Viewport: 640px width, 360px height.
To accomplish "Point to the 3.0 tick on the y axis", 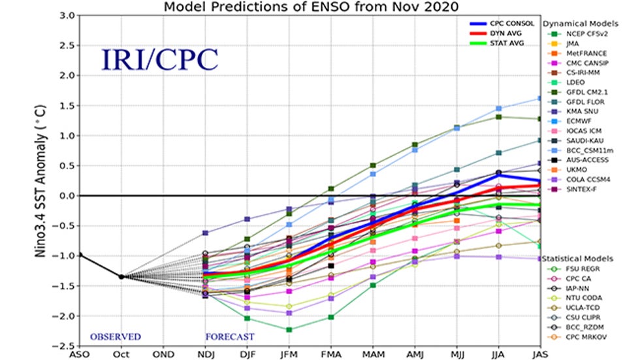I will [x=64, y=14].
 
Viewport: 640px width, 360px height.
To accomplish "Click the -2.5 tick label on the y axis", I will [x=63, y=346].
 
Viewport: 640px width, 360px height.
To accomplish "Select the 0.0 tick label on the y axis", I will [x=64, y=195].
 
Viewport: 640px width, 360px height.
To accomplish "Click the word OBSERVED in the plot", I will [x=116, y=336].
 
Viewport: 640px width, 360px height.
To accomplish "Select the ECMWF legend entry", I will [x=579, y=122].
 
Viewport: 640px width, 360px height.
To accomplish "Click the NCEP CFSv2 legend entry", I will [x=585, y=33].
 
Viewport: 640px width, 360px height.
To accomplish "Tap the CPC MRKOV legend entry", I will [x=585, y=337].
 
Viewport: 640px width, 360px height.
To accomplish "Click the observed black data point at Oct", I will [x=121, y=276].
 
